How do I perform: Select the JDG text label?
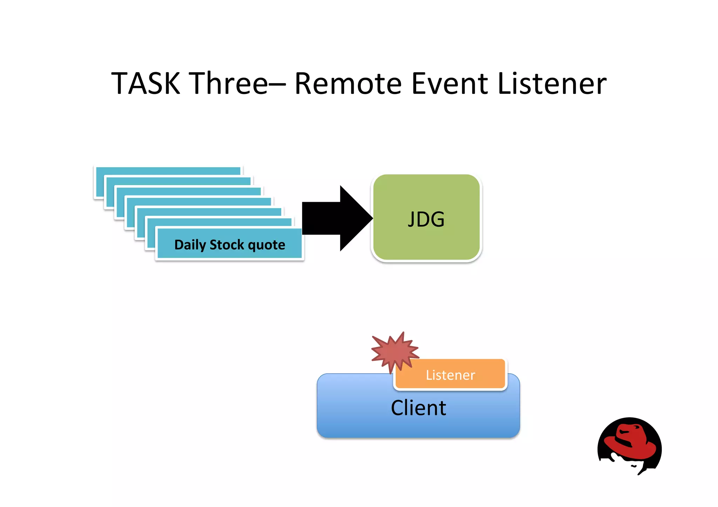coord(426,219)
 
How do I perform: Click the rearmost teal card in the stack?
coord(168,171)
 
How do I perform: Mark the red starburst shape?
coord(394,351)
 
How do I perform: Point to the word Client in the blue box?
coord(418,408)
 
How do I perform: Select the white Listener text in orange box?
coord(450,375)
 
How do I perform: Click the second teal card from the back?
coord(179,181)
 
